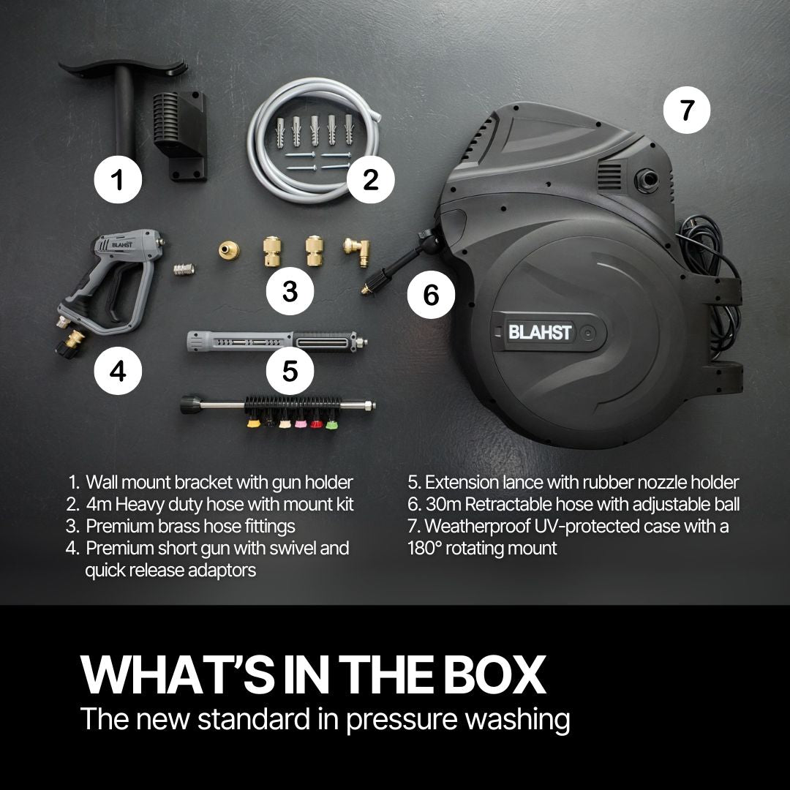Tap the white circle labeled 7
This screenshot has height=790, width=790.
tap(685, 111)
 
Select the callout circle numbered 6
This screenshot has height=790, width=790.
tap(431, 296)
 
